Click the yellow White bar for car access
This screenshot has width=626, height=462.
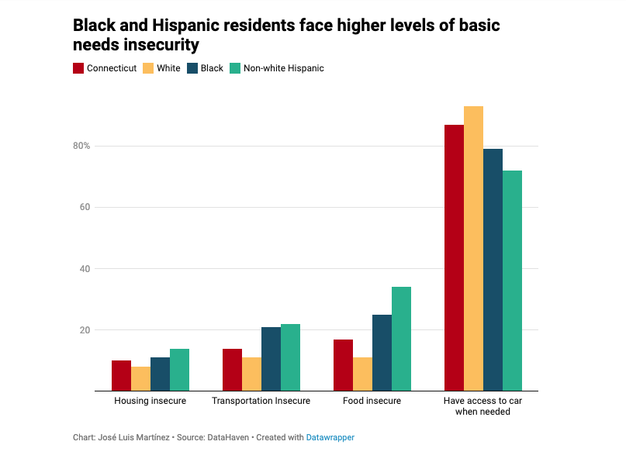click(473, 248)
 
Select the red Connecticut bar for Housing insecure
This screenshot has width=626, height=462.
click(121, 376)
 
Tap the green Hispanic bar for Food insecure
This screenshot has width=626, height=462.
click(401, 339)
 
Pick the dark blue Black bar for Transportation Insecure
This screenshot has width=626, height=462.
click(271, 359)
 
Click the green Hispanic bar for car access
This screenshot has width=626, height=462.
click(512, 281)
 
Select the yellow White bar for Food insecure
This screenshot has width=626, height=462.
click(362, 374)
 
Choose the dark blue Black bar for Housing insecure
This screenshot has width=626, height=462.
click(160, 374)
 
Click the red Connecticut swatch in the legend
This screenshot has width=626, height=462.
click(78, 68)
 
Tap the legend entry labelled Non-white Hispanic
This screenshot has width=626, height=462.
click(283, 68)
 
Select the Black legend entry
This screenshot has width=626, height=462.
click(212, 68)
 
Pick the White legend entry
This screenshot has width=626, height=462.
click(168, 68)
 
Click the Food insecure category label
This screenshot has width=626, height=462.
click(372, 401)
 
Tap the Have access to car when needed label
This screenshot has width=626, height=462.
click(482, 406)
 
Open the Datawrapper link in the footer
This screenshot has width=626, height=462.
click(330, 438)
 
